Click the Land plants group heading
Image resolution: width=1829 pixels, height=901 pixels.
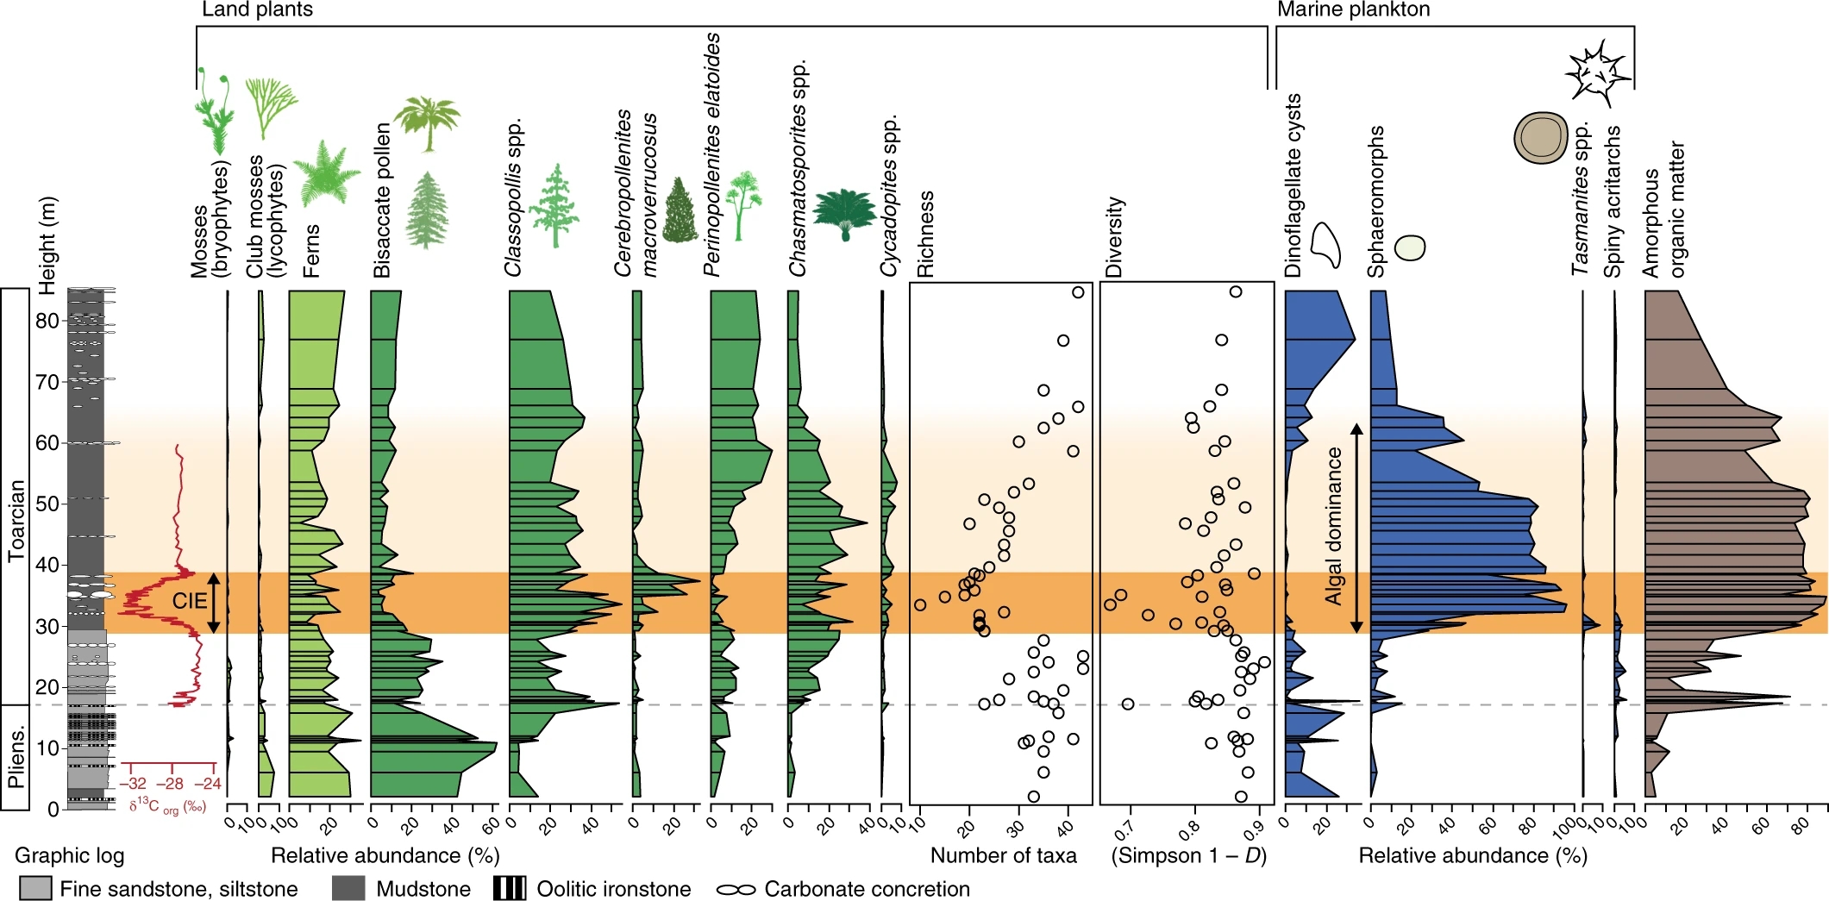point(257,9)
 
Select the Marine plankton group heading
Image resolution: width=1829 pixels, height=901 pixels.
point(1353,9)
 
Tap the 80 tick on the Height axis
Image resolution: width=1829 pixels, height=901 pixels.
point(47,321)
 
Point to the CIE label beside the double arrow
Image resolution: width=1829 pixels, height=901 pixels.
point(189,601)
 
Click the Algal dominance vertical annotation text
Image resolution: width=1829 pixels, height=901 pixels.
point(1334,526)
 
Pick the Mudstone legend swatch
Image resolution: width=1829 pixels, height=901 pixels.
point(348,889)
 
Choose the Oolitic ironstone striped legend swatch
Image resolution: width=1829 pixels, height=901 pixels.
point(510,889)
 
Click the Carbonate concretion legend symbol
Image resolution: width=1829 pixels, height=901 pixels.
point(736,889)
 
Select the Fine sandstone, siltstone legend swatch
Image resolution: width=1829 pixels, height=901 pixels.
point(35,889)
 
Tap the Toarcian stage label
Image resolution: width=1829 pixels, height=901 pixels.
point(16,521)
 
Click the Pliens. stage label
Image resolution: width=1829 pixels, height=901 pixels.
point(16,758)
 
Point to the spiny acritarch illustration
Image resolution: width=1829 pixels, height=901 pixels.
point(1598,72)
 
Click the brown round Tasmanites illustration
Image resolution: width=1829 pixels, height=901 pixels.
point(1540,137)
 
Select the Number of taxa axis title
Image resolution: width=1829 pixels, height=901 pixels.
point(1003,855)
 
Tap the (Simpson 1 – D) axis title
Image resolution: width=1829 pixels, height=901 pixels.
point(1188,855)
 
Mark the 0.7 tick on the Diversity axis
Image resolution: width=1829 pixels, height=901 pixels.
point(1124,829)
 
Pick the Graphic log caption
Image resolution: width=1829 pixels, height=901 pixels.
point(69,855)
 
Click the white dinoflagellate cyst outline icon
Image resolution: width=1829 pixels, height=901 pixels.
point(1326,244)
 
